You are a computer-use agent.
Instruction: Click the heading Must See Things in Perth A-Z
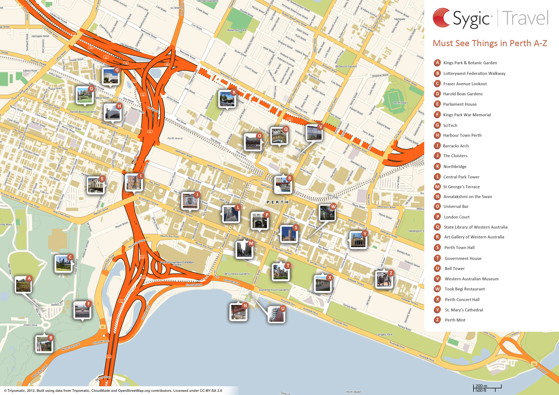pos(490,43)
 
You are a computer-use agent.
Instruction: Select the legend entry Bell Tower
pos(454,269)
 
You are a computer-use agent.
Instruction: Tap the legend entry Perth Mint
pos(455,320)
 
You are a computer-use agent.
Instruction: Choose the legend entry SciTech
pos(450,125)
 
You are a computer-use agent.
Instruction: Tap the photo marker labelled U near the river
pos(276,315)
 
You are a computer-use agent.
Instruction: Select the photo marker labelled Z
pos(384,280)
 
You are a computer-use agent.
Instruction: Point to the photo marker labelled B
pos(44,344)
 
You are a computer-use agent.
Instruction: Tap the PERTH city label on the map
pos(278,202)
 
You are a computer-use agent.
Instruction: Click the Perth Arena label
pos(175,138)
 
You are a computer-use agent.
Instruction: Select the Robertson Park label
pos(237,30)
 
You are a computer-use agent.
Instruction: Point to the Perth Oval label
pos(400,103)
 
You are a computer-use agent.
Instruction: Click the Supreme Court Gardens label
pos(274,290)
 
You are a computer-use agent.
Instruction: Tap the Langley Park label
pos(384,334)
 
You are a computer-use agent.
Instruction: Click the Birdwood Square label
pos(346,66)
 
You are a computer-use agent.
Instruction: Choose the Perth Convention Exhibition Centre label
pos(177,263)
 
